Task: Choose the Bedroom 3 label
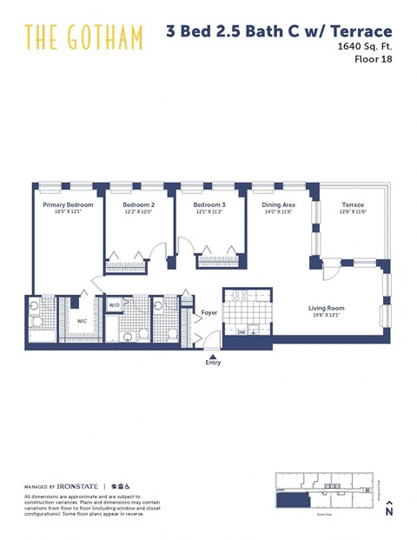coord(209,205)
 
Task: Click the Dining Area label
coord(278,205)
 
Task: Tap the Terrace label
coord(352,205)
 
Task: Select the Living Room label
coord(327,308)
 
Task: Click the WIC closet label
coord(82,321)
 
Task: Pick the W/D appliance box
coord(115,305)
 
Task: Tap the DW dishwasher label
coord(242,331)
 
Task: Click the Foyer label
coord(208,312)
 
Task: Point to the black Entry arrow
coord(213,354)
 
